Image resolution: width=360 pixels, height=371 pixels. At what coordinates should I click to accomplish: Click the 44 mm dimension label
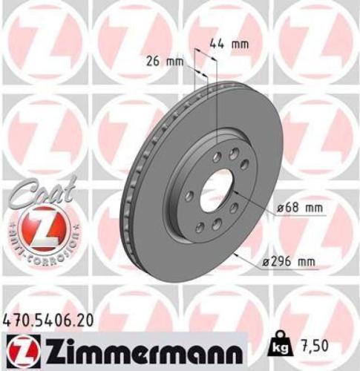[229, 44]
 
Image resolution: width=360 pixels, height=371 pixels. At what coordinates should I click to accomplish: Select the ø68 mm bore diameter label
[300, 209]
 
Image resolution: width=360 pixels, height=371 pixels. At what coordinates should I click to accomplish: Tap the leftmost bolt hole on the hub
[189, 194]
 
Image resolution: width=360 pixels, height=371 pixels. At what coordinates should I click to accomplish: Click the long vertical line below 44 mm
[216, 104]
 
